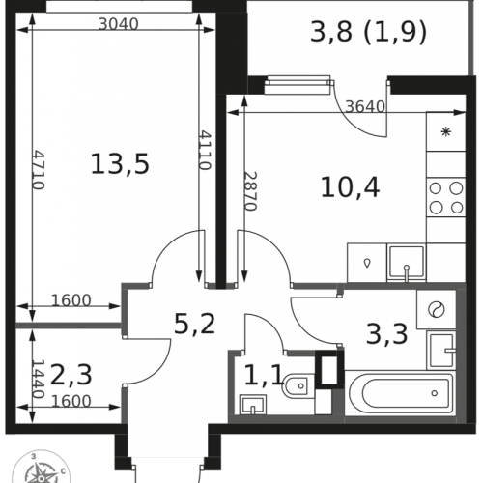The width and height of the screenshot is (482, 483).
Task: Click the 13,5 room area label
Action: click(x=120, y=164)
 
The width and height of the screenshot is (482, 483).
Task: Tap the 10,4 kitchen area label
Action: click(x=351, y=187)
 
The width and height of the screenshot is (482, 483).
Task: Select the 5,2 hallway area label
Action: click(x=194, y=324)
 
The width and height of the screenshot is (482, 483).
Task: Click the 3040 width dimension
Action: click(x=119, y=24)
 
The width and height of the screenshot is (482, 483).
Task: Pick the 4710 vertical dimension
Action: click(x=39, y=170)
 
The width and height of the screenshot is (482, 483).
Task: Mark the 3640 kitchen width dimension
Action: click(x=365, y=106)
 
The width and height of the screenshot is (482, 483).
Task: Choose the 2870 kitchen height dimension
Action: click(x=250, y=191)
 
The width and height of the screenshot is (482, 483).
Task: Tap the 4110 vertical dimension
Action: click(x=205, y=150)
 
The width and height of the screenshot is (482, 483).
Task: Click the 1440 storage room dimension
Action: click(x=38, y=379)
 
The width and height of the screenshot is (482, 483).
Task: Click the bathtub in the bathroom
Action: click(x=400, y=393)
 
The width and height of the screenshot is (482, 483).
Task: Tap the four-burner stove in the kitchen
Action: click(x=446, y=198)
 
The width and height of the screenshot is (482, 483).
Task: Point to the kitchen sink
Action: click(x=407, y=263)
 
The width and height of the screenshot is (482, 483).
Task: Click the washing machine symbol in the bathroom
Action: click(x=437, y=309)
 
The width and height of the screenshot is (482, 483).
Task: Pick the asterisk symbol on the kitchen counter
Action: click(x=446, y=131)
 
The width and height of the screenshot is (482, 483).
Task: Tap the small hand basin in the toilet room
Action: click(x=253, y=405)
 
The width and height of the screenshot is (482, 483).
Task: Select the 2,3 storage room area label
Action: click(x=71, y=375)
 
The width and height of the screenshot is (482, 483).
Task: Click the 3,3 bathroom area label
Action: click(x=387, y=333)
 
